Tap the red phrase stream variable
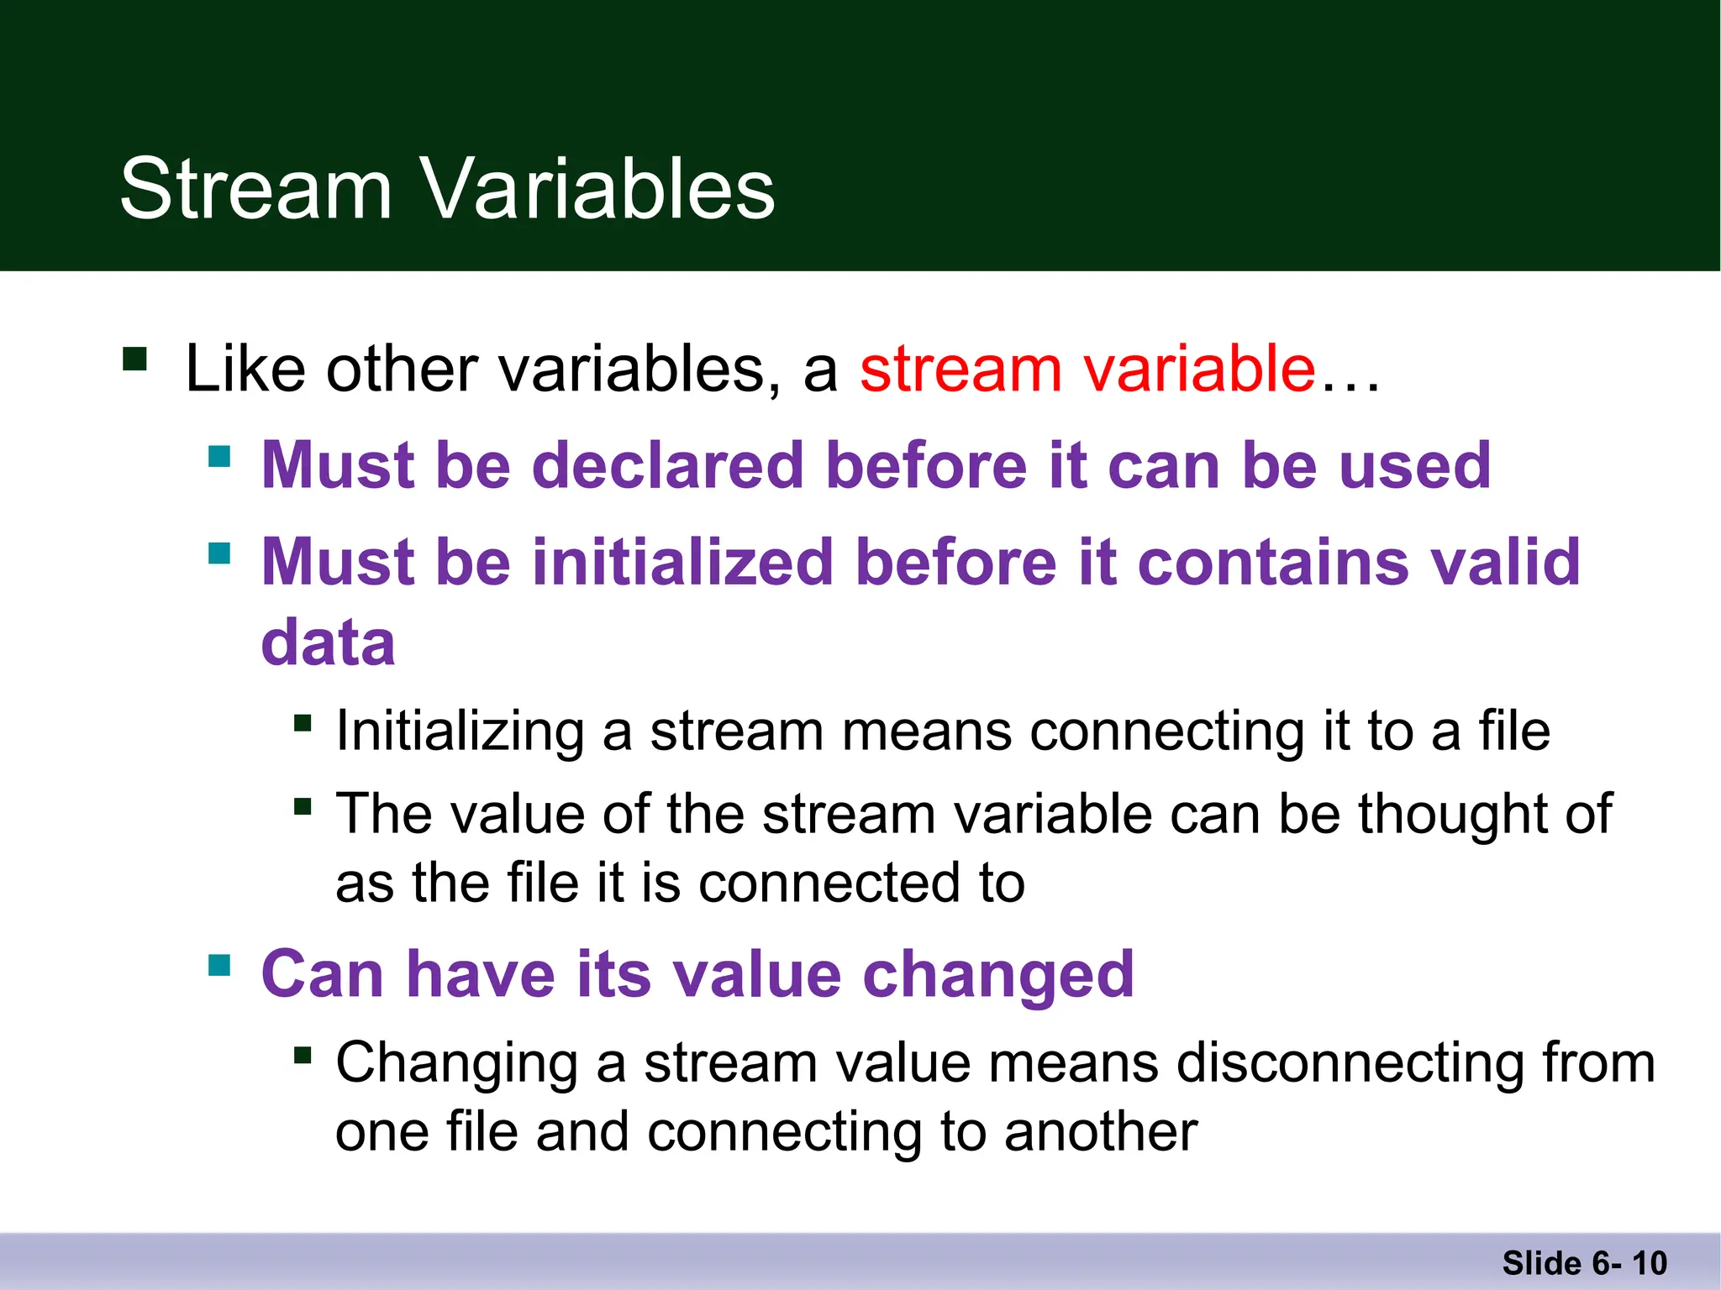click(x=1087, y=370)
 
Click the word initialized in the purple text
click(x=683, y=562)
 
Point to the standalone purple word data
click(x=328, y=642)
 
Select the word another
click(x=1100, y=1132)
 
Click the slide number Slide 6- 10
click(x=1584, y=1263)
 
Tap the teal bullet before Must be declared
click(x=219, y=457)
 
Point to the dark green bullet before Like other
click(x=134, y=359)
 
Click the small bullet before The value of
click(x=303, y=807)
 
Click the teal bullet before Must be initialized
click(x=219, y=553)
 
